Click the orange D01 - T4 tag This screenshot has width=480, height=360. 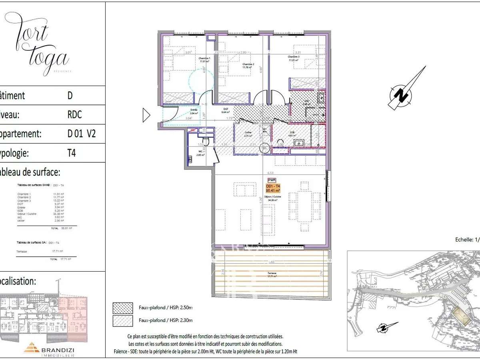[x=273, y=188]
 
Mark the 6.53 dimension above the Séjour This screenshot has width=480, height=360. [x=276, y=173]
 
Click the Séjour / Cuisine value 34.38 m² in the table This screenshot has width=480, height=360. [x=58, y=214]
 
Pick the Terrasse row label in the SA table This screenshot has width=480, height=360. [x=22, y=252]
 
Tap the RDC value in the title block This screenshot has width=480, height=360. [x=74, y=115]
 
